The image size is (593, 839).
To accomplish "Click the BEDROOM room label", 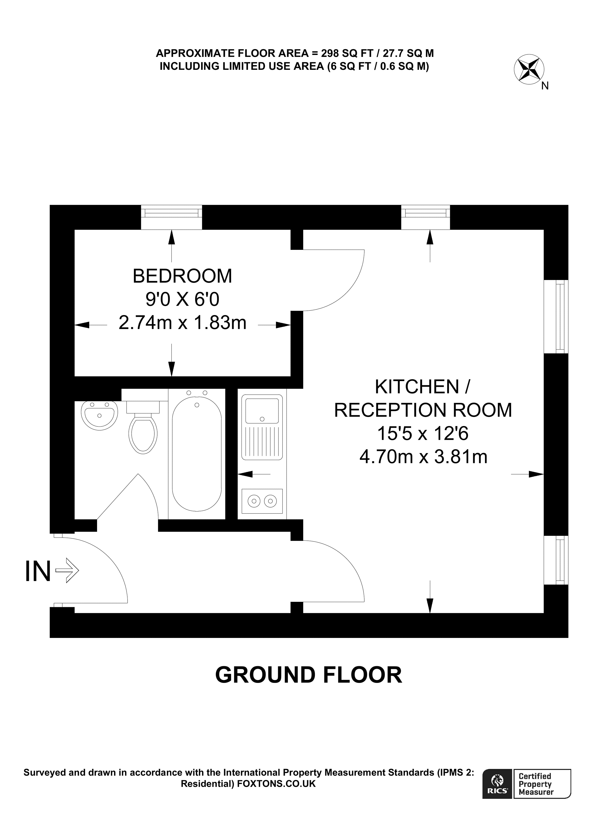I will click(182, 276).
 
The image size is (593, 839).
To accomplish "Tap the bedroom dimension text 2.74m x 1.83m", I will click(182, 323).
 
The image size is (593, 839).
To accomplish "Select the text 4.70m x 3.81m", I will click(423, 457).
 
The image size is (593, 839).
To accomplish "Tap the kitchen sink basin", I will click(262, 411).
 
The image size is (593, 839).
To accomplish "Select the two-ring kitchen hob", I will click(262, 501).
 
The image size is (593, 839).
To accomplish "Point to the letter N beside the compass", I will click(545, 86).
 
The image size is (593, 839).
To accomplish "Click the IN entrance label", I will click(38, 572).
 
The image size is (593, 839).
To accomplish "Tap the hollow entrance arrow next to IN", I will click(67, 570).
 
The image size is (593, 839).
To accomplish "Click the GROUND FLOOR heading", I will click(309, 675).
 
